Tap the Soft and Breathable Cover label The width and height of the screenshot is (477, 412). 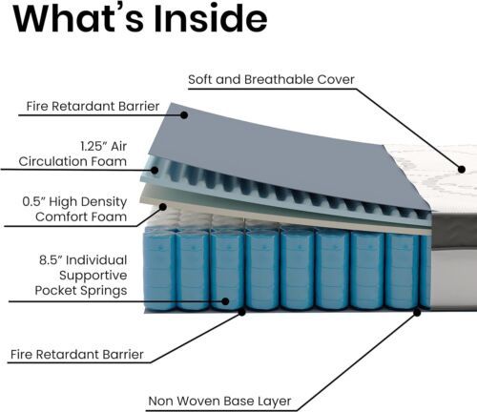point(271,79)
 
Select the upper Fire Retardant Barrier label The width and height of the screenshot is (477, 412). point(93,106)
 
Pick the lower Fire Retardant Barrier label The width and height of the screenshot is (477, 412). point(77,354)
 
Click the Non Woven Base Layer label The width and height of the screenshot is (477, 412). point(219,401)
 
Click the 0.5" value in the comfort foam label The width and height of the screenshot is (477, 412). point(34,201)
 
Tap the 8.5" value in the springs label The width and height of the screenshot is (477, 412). point(51,259)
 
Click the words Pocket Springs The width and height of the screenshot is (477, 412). point(81,290)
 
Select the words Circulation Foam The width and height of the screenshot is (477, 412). point(73,161)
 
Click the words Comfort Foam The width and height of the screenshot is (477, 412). point(81,216)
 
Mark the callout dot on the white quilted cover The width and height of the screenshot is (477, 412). point(462,169)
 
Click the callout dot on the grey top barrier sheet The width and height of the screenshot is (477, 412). point(184,114)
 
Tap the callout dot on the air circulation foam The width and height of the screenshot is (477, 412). point(155,170)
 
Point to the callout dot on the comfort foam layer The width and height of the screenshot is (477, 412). point(163,207)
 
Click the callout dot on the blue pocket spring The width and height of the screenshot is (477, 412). point(225,301)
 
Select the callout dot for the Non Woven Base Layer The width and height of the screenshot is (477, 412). point(417,313)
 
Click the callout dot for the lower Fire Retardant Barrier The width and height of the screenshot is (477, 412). point(242,312)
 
